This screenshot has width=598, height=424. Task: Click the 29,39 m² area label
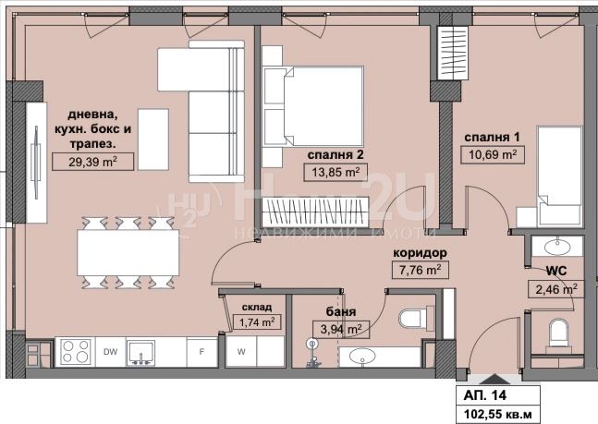(x=92, y=162)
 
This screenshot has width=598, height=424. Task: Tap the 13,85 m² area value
(x=336, y=172)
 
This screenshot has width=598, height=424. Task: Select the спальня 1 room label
(x=492, y=138)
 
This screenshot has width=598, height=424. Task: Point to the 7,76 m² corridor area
(x=421, y=270)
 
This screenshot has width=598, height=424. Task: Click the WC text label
(x=556, y=271)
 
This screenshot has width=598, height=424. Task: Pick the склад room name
(x=257, y=307)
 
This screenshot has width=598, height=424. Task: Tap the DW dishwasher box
(x=110, y=352)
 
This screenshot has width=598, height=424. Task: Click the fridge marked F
(x=201, y=352)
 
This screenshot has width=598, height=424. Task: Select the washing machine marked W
(x=241, y=352)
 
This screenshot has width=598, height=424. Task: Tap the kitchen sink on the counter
(x=140, y=353)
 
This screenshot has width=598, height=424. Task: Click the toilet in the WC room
(x=558, y=333)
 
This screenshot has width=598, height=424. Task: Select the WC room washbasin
(x=557, y=248)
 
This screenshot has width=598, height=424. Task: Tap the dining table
(x=128, y=252)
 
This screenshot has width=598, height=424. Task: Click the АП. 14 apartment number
(x=485, y=395)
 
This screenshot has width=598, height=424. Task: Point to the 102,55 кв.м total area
(x=497, y=414)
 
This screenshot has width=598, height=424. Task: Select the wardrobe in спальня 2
(x=315, y=212)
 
